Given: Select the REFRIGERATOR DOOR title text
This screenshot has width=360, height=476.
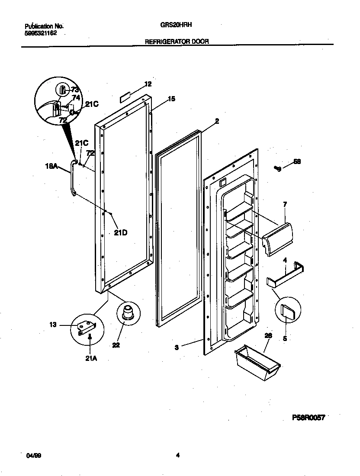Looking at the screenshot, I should click(x=176, y=42).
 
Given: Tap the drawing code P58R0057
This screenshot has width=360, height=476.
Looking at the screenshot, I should click(x=308, y=418).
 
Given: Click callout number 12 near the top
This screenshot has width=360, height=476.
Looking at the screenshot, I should click(x=148, y=84).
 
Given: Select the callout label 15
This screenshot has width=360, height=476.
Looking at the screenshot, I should click(x=171, y=99).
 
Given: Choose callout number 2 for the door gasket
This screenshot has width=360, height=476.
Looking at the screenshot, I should click(x=217, y=122).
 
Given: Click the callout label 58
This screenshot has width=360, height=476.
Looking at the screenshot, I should click(x=297, y=162).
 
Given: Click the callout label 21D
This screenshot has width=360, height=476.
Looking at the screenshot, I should click(x=121, y=232).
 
